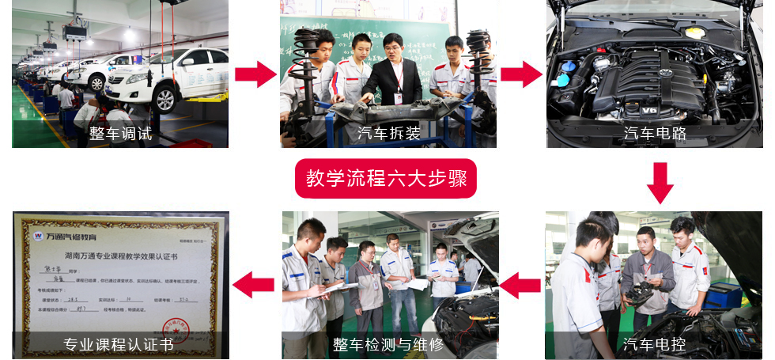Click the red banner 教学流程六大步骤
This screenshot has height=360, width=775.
[387, 180]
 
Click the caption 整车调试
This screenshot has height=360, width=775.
[120, 134]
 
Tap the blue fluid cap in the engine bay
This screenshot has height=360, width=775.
[563, 80]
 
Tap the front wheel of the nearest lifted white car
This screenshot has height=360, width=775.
[165, 98]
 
